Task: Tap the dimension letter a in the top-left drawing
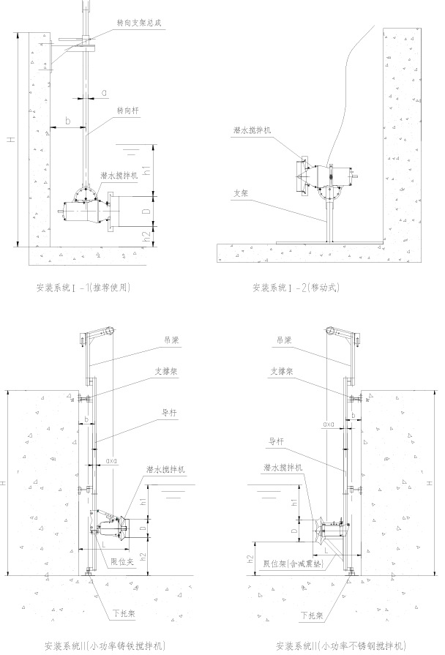[x=105, y=92]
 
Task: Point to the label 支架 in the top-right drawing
[x=241, y=194]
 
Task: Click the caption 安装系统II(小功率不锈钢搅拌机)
[x=340, y=646]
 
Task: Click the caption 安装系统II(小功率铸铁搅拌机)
[x=109, y=646]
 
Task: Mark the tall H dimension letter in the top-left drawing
[x=10, y=143]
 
